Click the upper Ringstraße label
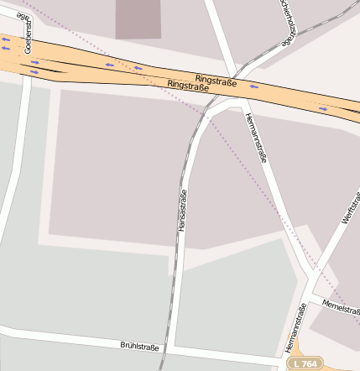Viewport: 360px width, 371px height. click(x=216, y=81)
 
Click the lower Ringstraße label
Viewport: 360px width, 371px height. click(x=189, y=86)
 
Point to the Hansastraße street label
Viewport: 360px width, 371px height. click(x=181, y=210)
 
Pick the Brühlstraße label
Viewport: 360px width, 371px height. click(x=139, y=345)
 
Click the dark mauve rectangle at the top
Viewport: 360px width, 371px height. click(x=138, y=18)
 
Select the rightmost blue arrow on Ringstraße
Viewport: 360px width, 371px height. click(x=324, y=107)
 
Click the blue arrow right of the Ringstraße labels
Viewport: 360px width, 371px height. click(x=253, y=86)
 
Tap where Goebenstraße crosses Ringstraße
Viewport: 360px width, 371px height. click(x=29, y=59)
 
